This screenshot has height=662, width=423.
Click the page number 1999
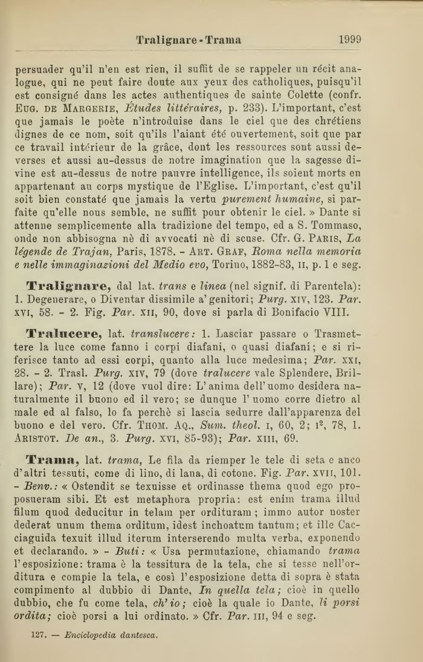[350, 40]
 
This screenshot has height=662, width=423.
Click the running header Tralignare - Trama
[189, 41]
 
